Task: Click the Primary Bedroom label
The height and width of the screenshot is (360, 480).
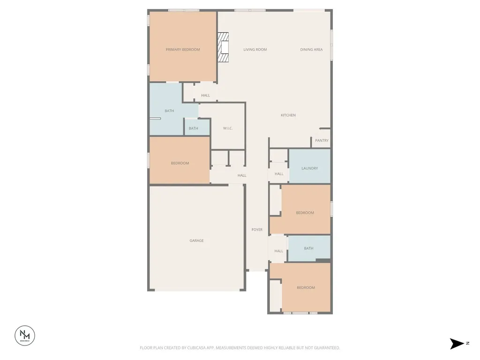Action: click(x=183, y=50)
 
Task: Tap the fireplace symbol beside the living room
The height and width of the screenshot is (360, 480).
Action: click(x=223, y=47)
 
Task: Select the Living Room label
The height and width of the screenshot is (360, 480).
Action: click(x=255, y=50)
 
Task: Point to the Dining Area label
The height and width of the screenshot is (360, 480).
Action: click(x=311, y=50)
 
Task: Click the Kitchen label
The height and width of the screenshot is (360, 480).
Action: click(x=288, y=115)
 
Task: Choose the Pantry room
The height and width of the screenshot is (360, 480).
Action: click(x=321, y=139)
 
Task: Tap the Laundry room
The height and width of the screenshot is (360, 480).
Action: click(x=310, y=166)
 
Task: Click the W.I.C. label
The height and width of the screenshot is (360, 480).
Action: click(x=228, y=128)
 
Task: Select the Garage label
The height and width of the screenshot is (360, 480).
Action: click(x=196, y=240)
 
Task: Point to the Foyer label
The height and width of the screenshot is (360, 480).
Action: click(x=257, y=230)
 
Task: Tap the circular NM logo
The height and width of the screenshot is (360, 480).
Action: click(x=25, y=336)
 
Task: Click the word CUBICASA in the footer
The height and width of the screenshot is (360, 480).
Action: click(x=199, y=348)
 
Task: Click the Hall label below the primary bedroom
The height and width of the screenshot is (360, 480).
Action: click(x=205, y=96)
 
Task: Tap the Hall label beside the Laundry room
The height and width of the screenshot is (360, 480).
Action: click(x=279, y=174)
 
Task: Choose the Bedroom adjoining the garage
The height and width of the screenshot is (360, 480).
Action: click(x=180, y=160)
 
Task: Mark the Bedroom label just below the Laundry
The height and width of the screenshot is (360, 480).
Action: click(x=305, y=213)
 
